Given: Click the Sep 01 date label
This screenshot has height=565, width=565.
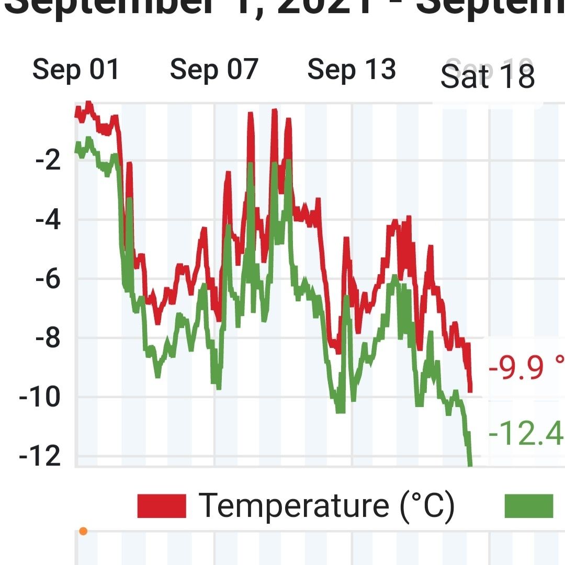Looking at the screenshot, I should [x=76, y=70].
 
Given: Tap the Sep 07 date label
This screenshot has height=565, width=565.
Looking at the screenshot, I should [x=214, y=70].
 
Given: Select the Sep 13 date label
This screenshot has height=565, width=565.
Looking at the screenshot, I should [x=352, y=70].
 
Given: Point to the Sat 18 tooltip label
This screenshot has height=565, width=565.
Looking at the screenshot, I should [x=488, y=76].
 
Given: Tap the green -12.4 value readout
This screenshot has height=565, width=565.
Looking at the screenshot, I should [x=526, y=433].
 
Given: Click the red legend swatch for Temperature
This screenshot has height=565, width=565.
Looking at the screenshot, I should [x=162, y=506].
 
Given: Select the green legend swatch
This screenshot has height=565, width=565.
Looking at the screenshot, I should [x=528, y=506].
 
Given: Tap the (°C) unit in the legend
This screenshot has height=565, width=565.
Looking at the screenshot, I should [x=427, y=505].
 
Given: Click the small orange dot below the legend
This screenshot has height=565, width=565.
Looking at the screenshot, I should [x=83, y=532].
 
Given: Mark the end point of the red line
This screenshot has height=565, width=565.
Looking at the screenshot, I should [x=470, y=389].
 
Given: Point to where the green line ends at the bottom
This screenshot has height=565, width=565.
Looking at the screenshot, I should [x=470, y=464].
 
